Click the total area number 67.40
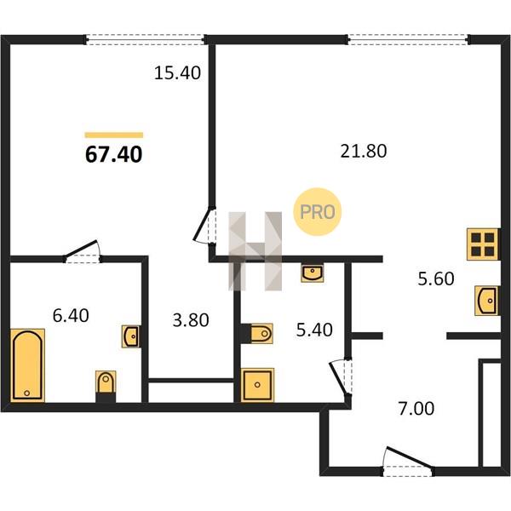click(x=114, y=154)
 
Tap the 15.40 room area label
click(x=177, y=72)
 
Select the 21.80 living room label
click(x=364, y=152)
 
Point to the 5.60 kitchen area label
click(x=436, y=279)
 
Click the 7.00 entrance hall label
click(x=416, y=409)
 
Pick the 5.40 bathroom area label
click(x=314, y=330)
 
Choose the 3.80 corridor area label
click(x=191, y=320)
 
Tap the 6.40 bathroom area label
click(x=71, y=315)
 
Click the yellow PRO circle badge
click(x=317, y=212)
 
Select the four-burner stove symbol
click(x=483, y=244)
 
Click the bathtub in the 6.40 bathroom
click(x=28, y=365)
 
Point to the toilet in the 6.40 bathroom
click(x=106, y=386)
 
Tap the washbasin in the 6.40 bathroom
click(x=132, y=336)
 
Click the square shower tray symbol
click(x=257, y=385)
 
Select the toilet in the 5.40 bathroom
click(x=257, y=333)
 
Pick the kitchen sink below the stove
click(x=487, y=301)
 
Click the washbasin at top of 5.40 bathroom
click(x=313, y=273)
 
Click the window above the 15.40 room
click(x=146, y=39)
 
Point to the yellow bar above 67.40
click(x=114, y=135)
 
